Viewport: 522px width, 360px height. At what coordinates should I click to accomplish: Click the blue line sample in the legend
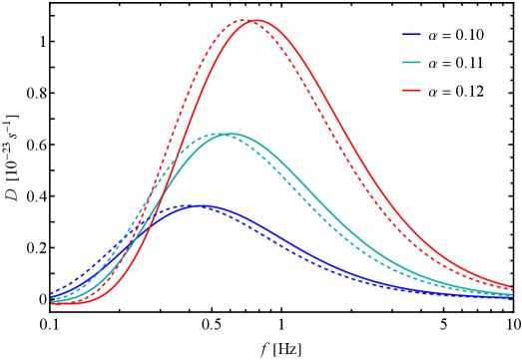coord(411,35)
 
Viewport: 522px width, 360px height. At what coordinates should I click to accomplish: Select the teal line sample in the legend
coord(411,63)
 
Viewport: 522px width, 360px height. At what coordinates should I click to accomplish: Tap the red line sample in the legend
coord(411,91)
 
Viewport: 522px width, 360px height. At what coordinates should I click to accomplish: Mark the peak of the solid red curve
coord(256,20)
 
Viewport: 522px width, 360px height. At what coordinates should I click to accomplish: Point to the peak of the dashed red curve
coord(244,20)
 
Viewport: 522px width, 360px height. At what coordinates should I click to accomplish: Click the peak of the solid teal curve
coord(230,134)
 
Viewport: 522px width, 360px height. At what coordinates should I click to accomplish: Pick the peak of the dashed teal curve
coord(219,134)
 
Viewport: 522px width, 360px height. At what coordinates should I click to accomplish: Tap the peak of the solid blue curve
coord(204,205)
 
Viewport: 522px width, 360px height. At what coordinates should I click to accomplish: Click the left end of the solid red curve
coord(52,303)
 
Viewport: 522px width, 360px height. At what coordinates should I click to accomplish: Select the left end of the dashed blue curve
coord(52,293)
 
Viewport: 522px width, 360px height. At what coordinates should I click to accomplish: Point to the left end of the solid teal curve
coord(52,300)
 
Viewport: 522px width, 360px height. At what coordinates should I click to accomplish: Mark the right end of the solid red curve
coord(512,289)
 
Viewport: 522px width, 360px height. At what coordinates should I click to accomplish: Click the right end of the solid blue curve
coord(512,296)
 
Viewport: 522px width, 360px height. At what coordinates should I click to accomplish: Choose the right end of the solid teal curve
coord(512,294)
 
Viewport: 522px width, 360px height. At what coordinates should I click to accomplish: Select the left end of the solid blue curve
coord(52,297)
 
